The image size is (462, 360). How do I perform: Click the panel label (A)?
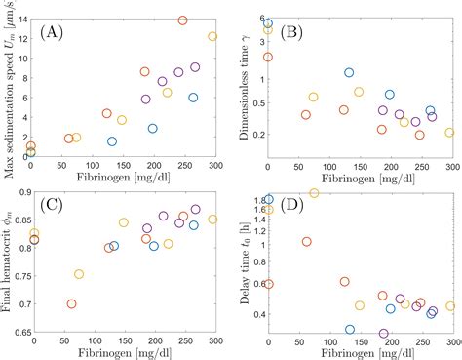coord(51,33)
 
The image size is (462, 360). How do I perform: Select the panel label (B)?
coord(293,33)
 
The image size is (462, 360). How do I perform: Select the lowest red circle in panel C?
coord(71,303)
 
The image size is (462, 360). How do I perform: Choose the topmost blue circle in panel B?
coord(268,23)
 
